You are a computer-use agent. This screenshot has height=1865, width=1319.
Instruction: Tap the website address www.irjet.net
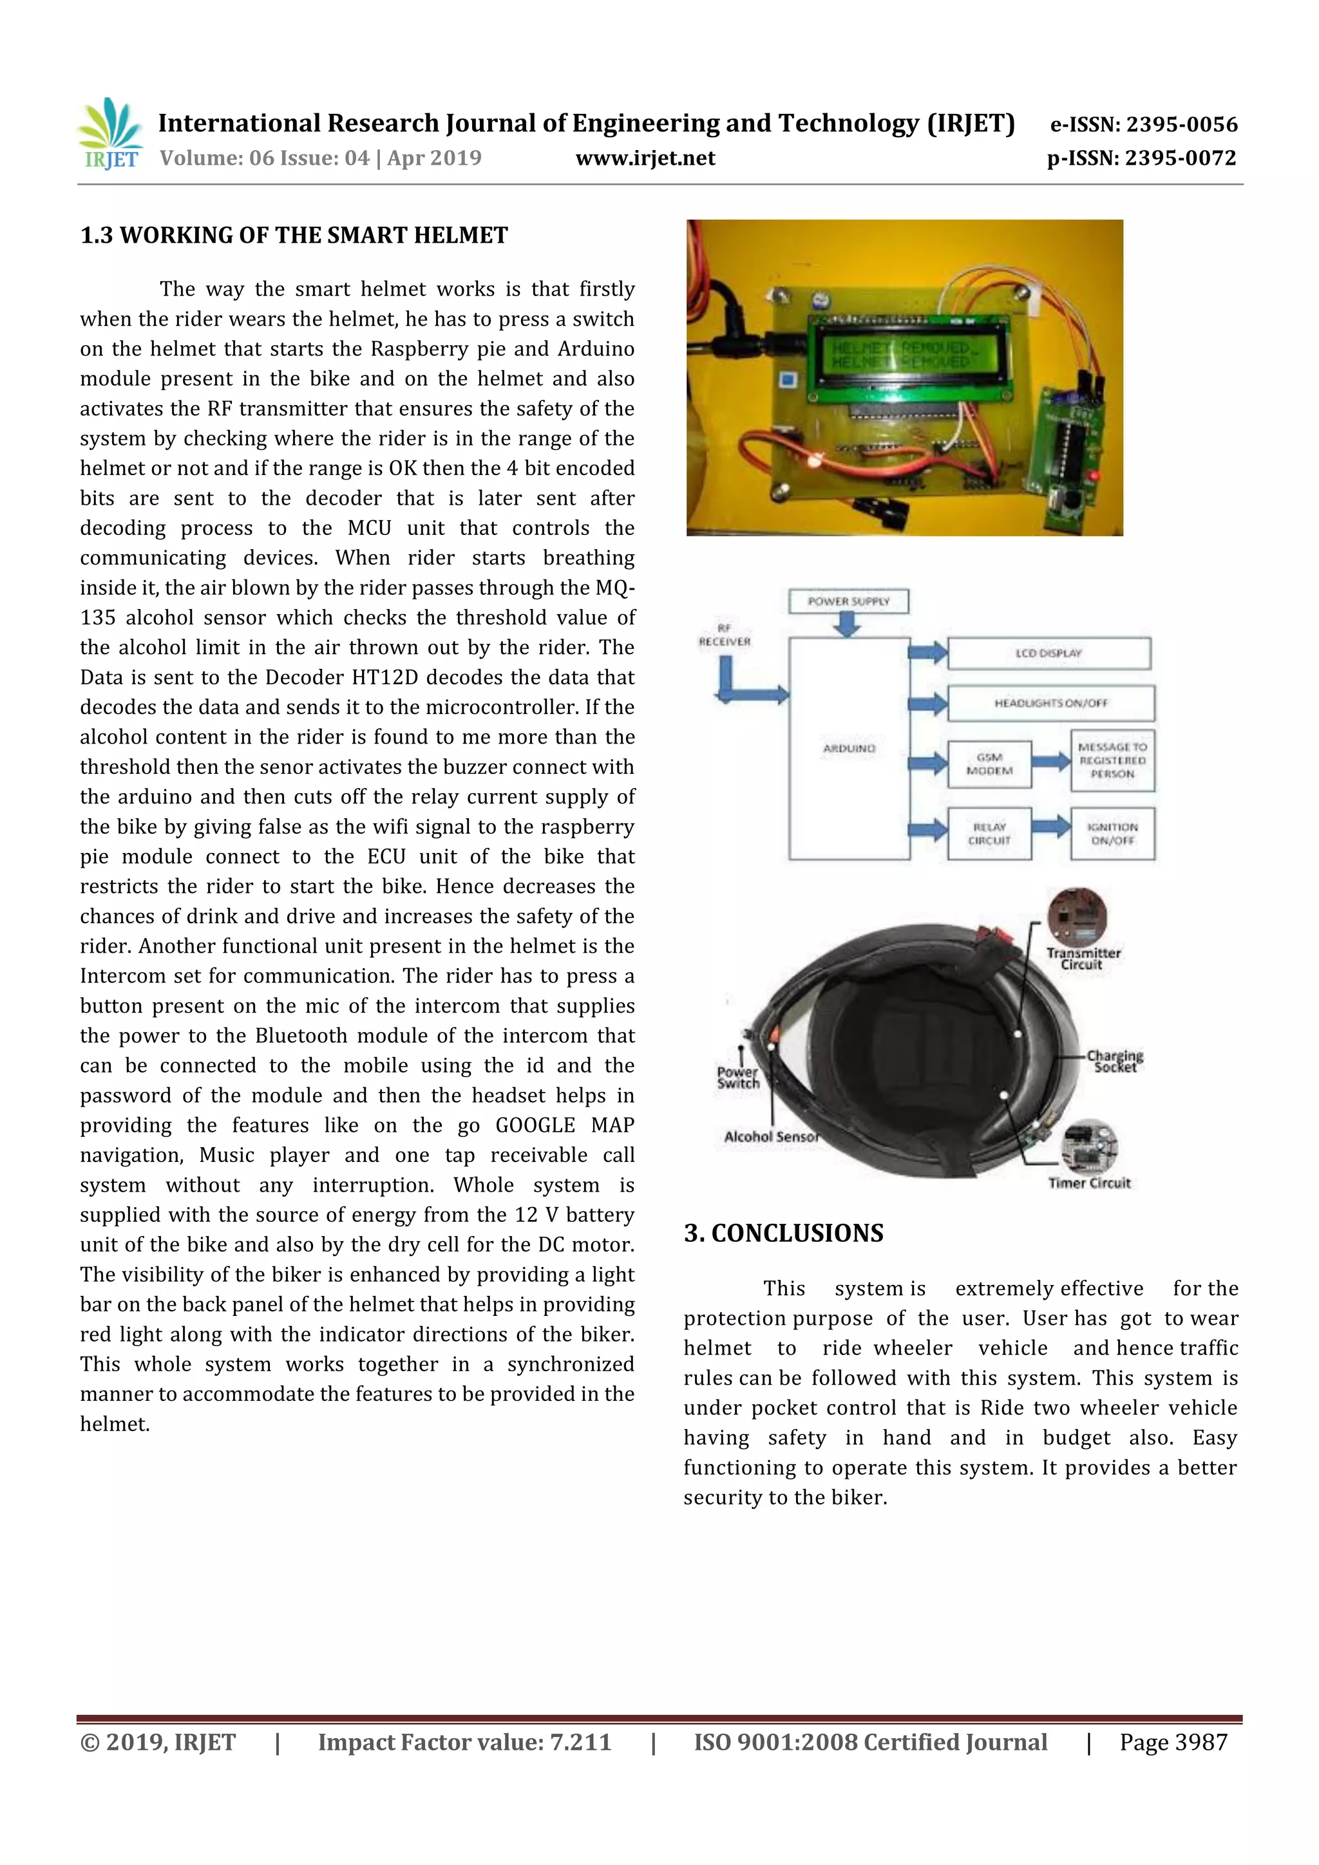tap(645, 158)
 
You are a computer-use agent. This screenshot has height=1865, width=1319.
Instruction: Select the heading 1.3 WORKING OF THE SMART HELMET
tap(294, 236)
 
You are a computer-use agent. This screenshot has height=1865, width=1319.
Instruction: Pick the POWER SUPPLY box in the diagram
tap(848, 601)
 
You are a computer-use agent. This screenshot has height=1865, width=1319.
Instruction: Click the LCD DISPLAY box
tap(1049, 653)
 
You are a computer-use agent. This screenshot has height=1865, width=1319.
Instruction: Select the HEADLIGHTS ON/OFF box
tap(1050, 702)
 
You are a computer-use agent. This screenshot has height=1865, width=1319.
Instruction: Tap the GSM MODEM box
tap(989, 764)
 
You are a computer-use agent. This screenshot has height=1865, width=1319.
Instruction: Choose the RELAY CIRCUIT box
tap(989, 834)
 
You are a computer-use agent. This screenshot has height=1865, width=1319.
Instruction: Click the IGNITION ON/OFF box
tap(1112, 834)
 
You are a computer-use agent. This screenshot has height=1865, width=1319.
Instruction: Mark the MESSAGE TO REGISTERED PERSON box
tap(1112, 760)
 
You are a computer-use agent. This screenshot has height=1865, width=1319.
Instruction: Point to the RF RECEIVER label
tap(724, 635)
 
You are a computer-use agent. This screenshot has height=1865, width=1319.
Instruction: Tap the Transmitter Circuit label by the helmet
tap(1083, 959)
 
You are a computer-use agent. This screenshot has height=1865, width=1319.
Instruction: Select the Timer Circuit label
tap(1089, 1183)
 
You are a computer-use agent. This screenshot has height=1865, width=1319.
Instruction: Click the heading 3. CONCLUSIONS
tap(783, 1233)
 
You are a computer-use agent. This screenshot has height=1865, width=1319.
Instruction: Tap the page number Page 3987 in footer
tap(1173, 1741)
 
